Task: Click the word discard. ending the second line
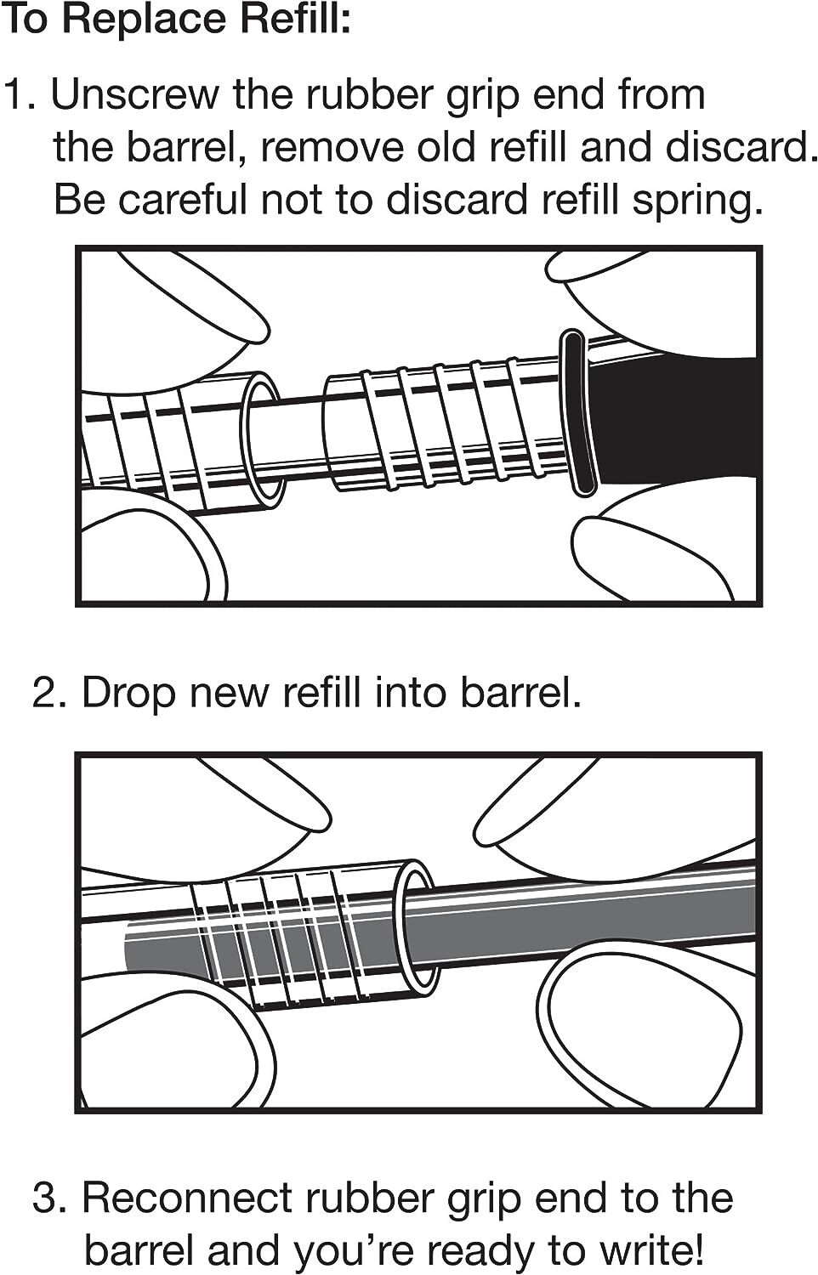tap(741, 147)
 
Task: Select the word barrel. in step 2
tap(520, 692)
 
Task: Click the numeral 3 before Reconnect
tap(44, 1198)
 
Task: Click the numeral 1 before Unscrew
tap(15, 94)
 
